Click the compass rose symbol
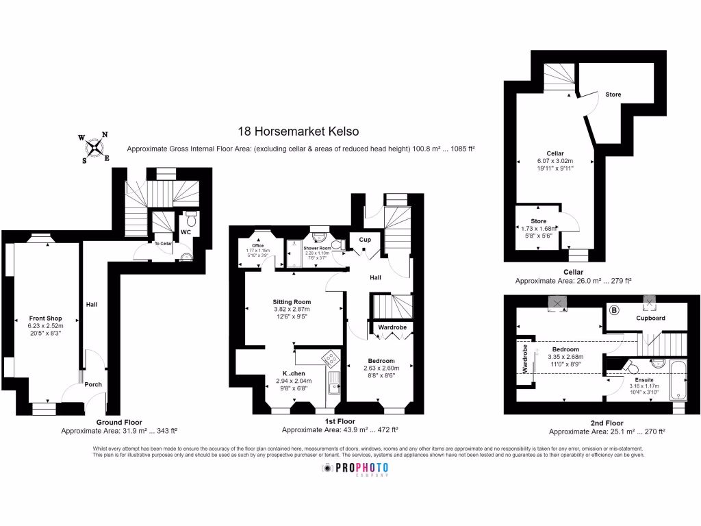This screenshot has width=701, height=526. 94,147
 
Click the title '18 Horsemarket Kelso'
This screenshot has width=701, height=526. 298,131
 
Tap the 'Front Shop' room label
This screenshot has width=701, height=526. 46,318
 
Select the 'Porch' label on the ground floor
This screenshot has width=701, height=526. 93,384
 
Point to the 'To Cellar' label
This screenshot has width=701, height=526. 163,243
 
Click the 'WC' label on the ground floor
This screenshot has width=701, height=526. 185,232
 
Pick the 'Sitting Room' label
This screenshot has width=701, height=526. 292,301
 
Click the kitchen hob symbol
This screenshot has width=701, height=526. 331,359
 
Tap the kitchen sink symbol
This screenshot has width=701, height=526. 335,384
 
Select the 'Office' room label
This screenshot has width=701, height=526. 257,245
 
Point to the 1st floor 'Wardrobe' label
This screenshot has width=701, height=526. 392,327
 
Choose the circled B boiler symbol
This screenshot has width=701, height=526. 614,310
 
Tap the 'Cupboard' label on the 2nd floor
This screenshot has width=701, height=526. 651,318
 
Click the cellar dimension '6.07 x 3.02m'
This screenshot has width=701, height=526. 555,160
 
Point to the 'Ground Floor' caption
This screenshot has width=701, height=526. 119,422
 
